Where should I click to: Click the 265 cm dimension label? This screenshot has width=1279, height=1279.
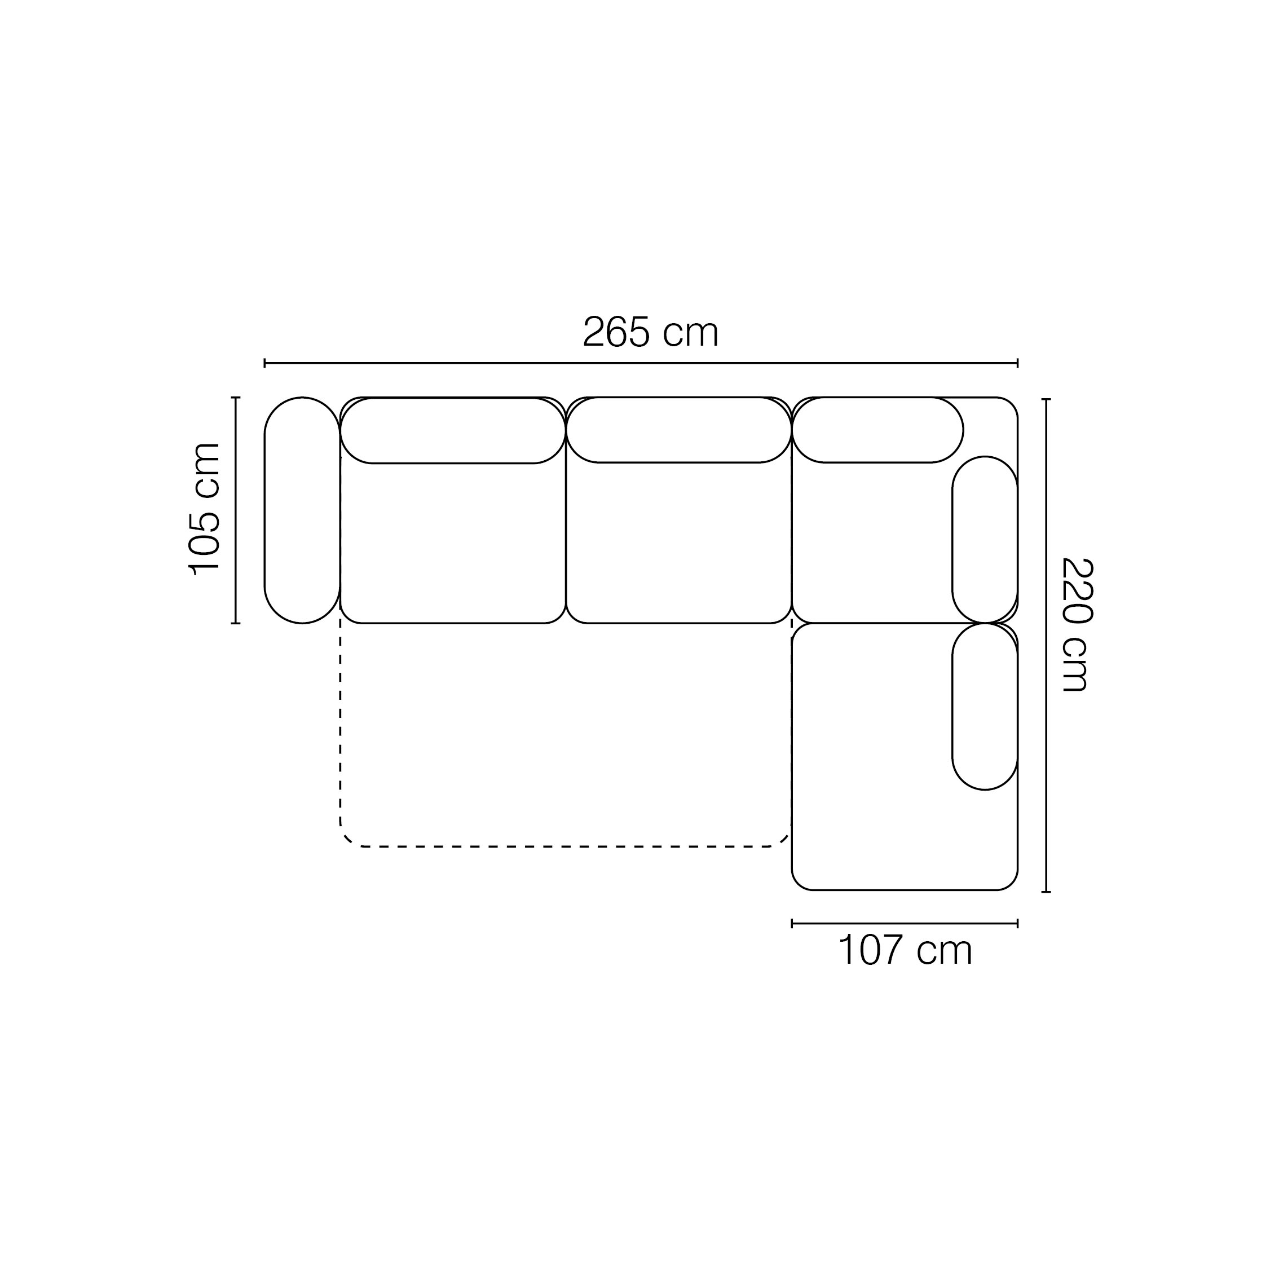tap(650, 332)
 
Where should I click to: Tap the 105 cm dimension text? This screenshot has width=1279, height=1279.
tap(205, 509)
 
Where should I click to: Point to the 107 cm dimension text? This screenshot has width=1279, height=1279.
tap(905, 951)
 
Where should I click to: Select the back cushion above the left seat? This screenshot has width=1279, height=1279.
tap(453, 430)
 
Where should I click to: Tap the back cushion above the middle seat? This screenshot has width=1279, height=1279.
tap(678, 430)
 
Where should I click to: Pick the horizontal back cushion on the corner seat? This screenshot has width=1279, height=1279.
tap(878, 430)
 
